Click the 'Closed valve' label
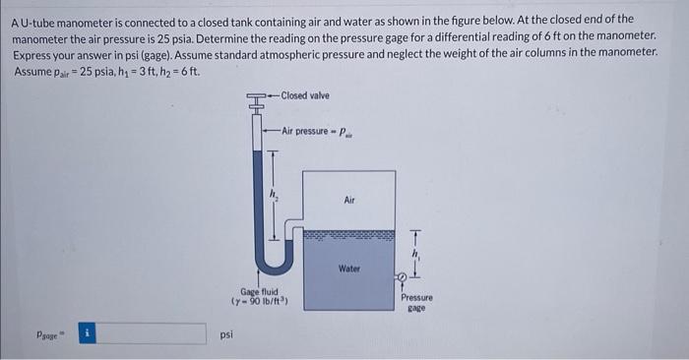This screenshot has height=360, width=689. click(x=306, y=95)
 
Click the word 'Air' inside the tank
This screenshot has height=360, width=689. click(x=348, y=199)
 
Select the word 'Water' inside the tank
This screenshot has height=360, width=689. click(x=349, y=268)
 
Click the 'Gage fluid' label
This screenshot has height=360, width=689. click(x=262, y=292)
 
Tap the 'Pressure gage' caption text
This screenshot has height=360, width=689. click(x=416, y=301)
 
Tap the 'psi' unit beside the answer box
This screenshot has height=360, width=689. click(x=227, y=335)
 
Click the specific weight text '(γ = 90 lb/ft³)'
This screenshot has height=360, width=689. click(x=262, y=302)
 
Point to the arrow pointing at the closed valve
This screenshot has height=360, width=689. click(x=275, y=95)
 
